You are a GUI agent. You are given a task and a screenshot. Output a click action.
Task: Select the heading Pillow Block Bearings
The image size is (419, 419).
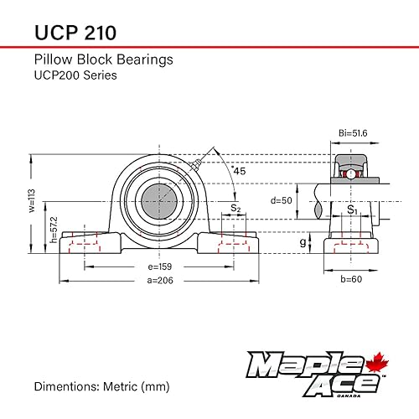pos(102,59)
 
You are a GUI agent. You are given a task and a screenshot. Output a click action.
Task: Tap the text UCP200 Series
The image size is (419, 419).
pos(75,75)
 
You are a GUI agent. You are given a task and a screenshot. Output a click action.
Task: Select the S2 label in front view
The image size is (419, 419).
pos(236,207)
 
